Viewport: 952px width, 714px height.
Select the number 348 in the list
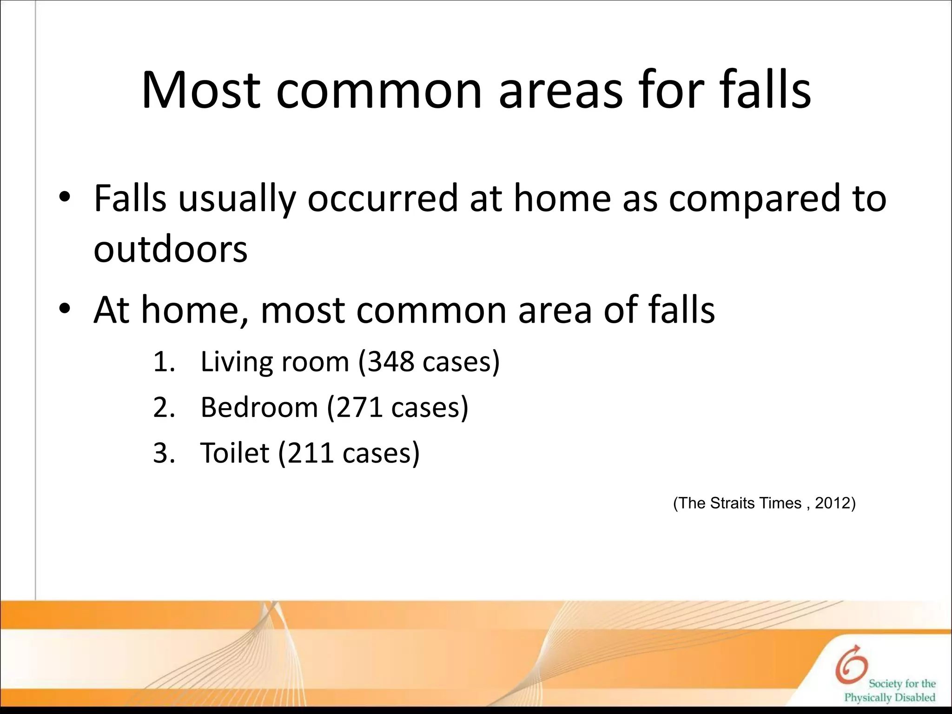click(390, 362)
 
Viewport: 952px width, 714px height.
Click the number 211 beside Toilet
click(311, 453)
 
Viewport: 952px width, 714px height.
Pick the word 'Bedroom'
click(258, 407)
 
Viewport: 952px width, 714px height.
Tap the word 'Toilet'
click(234, 453)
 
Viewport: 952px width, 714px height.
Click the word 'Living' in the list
click(235, 363)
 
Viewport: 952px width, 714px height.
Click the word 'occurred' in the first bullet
click(383, 199)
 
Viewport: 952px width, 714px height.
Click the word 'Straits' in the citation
click(733, 503)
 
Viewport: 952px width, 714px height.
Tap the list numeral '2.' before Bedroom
click(164, 407)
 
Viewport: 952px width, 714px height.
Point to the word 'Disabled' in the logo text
click(914, 698)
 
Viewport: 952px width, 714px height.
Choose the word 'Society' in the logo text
click(886, 684)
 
